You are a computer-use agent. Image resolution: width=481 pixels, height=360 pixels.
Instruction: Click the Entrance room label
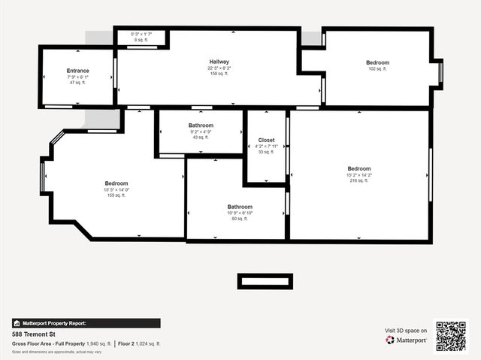coord(77,71)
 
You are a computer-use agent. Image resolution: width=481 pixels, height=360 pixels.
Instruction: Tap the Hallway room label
coord(219,62)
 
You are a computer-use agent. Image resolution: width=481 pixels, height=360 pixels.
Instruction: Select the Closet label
coord(266,141)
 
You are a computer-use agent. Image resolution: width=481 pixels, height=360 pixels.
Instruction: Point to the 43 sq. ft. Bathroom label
coord(201,126)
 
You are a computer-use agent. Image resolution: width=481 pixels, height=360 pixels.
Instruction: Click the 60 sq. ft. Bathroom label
coord(240,207)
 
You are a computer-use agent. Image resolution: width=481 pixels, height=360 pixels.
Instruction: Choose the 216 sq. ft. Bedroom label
coord(359,169)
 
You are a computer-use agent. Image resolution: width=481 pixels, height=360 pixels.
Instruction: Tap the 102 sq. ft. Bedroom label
coord(377,62)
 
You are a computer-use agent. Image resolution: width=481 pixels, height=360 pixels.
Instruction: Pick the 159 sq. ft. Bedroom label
coord(116,184)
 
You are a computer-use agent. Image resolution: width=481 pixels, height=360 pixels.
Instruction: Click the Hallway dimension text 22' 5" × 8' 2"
coord(219,68)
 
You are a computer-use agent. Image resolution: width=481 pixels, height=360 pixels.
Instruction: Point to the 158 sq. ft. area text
coord(219,74)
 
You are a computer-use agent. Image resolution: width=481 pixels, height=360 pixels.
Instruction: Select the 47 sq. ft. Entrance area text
coord(77,83)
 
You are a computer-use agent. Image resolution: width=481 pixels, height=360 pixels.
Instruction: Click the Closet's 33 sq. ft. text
coord(266,153)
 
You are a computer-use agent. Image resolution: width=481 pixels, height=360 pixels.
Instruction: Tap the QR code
coord(451,336)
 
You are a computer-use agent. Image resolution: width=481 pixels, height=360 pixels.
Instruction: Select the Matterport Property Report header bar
coord(86,323)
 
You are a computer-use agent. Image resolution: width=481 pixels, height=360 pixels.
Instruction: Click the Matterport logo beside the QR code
coord(407,340)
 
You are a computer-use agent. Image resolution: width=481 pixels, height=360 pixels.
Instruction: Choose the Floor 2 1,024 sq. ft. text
coord(140,343)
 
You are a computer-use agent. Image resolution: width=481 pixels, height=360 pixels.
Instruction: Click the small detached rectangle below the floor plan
coord(265,281)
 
